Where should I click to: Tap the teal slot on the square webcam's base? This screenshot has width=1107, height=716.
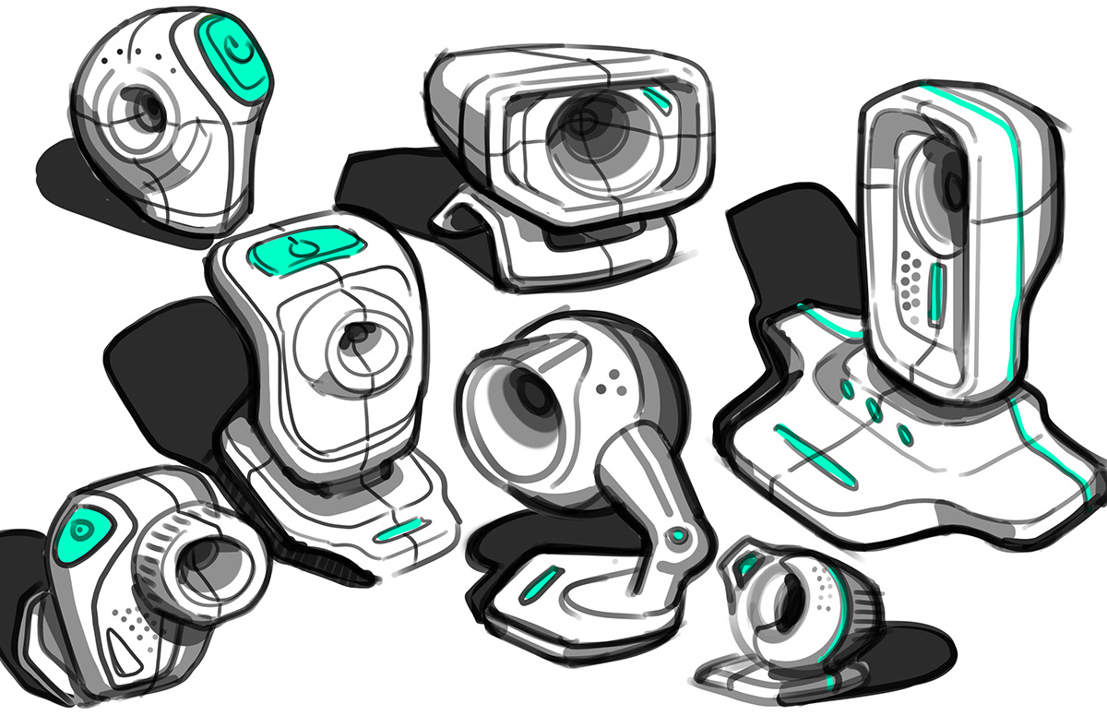399,532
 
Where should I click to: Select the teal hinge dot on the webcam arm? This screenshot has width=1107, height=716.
680,535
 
